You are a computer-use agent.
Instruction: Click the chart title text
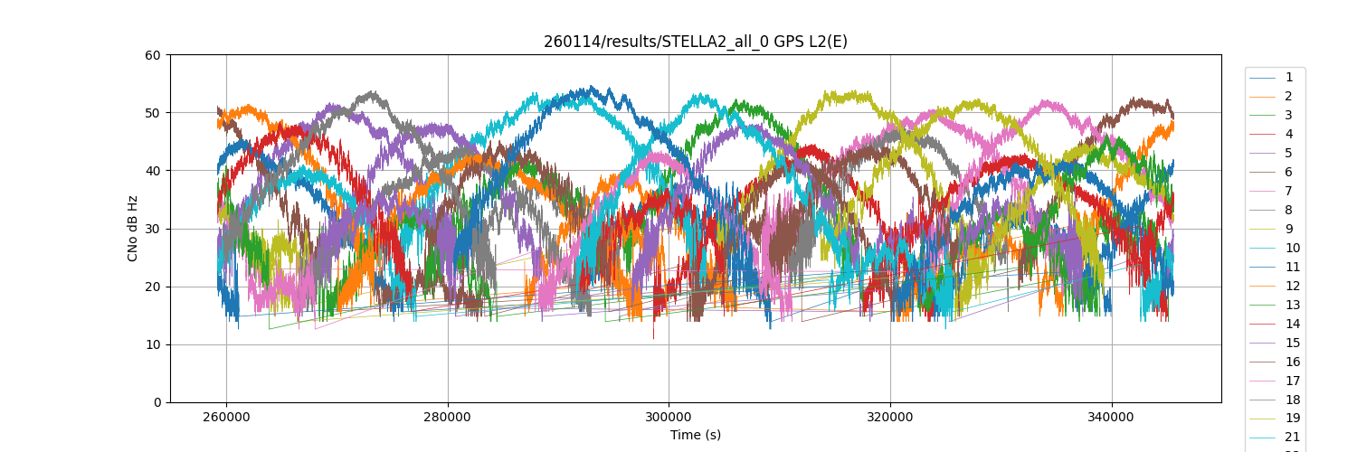pyautogui.click(x=695, y=42)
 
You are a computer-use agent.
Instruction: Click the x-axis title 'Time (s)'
pyautogui.click(x=695, y=435)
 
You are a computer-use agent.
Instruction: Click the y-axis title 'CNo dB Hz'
pyautogui.click(x=133, y=229)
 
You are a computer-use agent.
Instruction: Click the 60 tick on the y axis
pyautogui.click(x=154, y=55)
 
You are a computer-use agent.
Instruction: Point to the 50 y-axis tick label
pyautogui.click(x=154, y=113)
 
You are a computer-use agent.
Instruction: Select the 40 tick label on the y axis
pyautogui.click(x=154, y=171)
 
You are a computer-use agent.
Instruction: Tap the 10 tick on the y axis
pyautogui.click(x=154, y=344)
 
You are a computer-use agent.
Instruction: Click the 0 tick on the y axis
pyautogui.click(x=157, y=402)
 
